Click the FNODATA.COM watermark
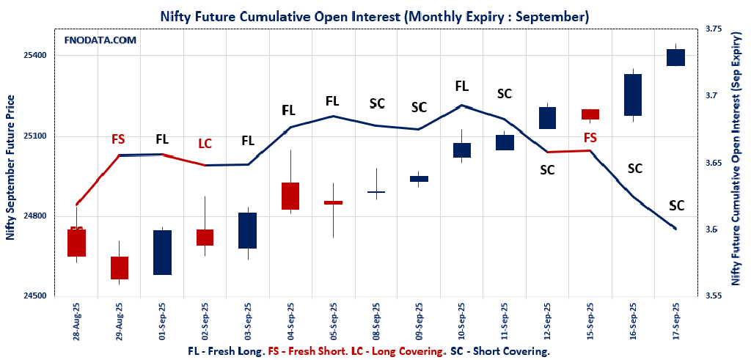click(x=100, y=40)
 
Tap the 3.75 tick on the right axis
click(x=714, y=29)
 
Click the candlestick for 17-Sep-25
click(x=675, y=57)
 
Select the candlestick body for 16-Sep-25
click(x=633, y=95)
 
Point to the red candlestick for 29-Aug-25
click(x=120, y=268)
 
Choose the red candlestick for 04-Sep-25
click(x=291, y=196)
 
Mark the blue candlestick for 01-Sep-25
click(x=162, y=252)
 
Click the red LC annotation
click(x=205, y=143)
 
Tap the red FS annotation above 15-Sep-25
click(x=590, y=137)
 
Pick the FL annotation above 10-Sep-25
click(x=461, y=86)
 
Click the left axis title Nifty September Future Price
click(x=10, y=167)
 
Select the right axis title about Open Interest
click(x=736, y=163)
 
